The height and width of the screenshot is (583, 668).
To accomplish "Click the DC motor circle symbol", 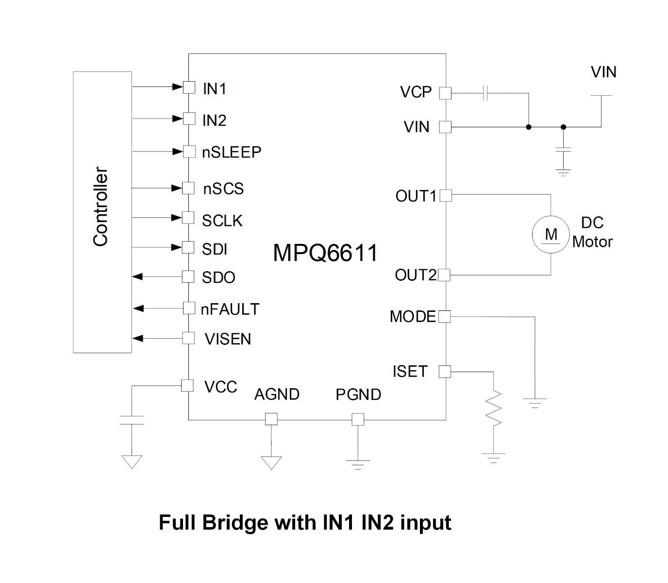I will [x=551, y=234].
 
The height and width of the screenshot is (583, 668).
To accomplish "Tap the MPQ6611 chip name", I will [x=325, y=253].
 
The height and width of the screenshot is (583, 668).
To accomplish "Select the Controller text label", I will [x=100, y=206].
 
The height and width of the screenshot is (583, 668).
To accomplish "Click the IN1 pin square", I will [x=189, y=87].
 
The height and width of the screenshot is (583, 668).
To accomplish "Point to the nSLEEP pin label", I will [x=232, y=152].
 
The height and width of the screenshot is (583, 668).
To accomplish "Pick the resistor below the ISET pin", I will [x=493, y=408].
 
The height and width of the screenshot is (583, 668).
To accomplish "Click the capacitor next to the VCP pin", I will [x=485, y=93].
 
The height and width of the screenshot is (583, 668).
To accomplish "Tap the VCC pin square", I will [x=187, y=385].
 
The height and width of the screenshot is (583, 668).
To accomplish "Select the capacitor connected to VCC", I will [x=132, y=420].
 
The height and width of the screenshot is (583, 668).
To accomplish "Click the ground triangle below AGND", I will [x=271, y=462].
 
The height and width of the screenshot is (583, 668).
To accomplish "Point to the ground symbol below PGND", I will [x=358, y=464].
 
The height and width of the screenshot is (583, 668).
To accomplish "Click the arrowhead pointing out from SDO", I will [x=138, y=276].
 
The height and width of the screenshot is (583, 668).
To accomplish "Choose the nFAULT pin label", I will [x=230, y=309].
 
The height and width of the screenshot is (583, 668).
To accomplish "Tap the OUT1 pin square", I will [x=445, y=195].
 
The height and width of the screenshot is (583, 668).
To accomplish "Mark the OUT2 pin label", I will [x=416, y=275].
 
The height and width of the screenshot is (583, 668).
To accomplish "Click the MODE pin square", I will [x=444, y=317].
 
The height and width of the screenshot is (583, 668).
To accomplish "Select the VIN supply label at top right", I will [x=603, y=72].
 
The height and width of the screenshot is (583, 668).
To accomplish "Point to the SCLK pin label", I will [x=222, y=221].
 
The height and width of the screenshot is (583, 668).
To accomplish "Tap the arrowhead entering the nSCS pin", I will [x=177, y=188].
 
